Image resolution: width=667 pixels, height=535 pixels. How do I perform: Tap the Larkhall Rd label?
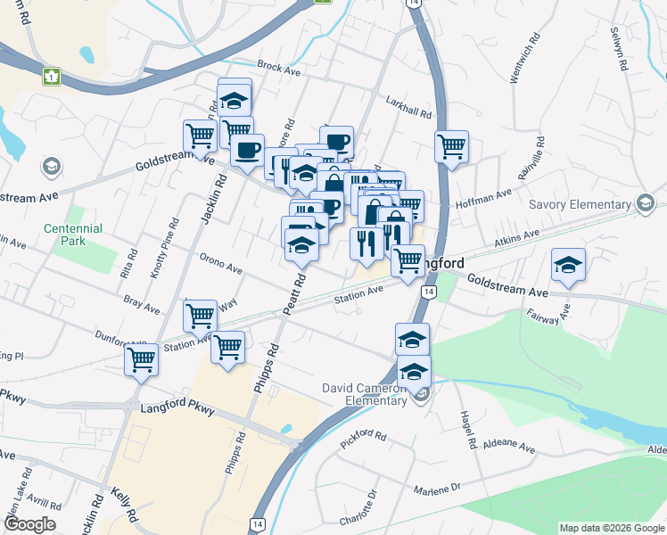pos(408,108)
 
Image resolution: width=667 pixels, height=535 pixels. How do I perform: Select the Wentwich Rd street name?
pos(525,60)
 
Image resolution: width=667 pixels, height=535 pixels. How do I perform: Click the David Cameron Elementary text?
pos(365,393)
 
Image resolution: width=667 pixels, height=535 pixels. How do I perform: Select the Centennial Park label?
pos(73,235)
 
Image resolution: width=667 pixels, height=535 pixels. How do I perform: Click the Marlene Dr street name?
pos(437,489)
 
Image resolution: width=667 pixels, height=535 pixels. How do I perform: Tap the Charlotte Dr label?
pos(359,506)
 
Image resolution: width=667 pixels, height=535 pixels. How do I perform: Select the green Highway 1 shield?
pos(52,77)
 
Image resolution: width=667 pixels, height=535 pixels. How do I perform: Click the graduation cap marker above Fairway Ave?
pos(568,264)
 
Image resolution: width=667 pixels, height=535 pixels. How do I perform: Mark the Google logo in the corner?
pos(29,524)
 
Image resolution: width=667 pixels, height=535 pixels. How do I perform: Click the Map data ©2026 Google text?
pos(612,528)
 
